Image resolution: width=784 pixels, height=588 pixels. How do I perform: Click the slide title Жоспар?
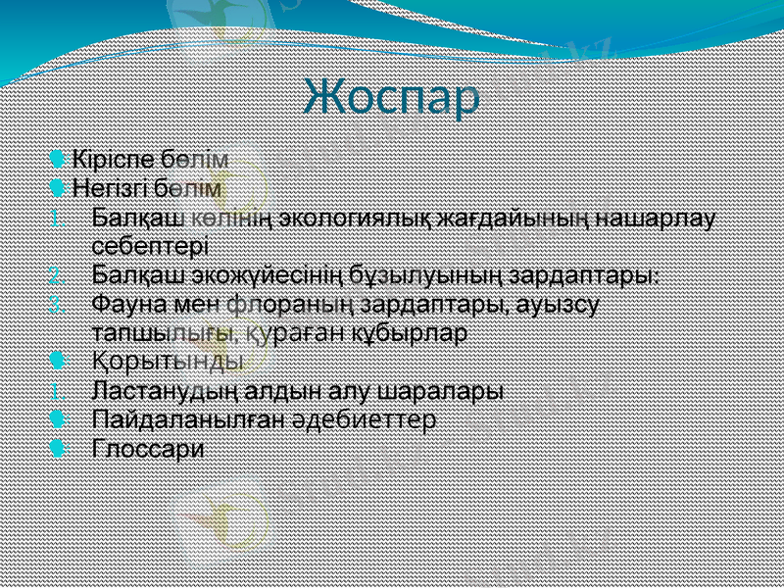point(392,97)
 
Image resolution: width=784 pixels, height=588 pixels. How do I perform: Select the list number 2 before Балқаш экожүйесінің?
point(58,274)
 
